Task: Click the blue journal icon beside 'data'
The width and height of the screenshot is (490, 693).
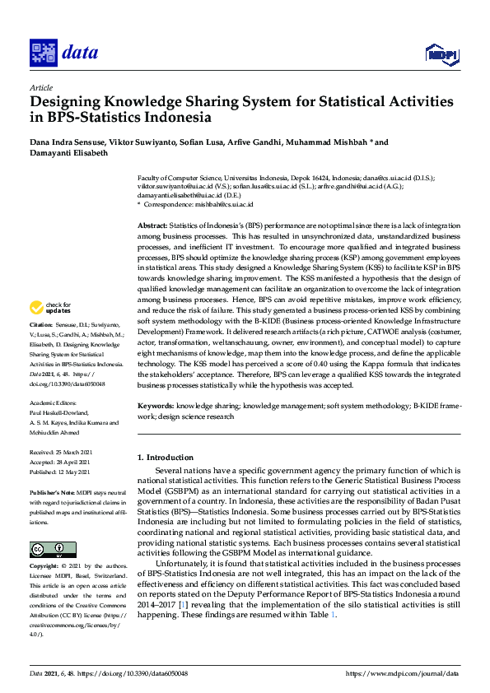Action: click(42, 53)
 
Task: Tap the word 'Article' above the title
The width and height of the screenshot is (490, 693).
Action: click(40, 87)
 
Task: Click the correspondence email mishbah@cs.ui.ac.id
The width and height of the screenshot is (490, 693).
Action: click(224, 204)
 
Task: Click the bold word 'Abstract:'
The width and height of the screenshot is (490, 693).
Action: click(153, 226)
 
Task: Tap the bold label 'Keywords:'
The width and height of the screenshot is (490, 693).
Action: click(156, 406)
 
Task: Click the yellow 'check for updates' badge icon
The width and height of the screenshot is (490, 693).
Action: click(38, 308)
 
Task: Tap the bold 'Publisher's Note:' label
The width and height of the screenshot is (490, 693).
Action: click(54, 491)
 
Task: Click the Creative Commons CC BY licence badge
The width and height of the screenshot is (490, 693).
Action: click(53, 548)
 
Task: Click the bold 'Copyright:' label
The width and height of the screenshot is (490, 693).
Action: click(45, 566)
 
